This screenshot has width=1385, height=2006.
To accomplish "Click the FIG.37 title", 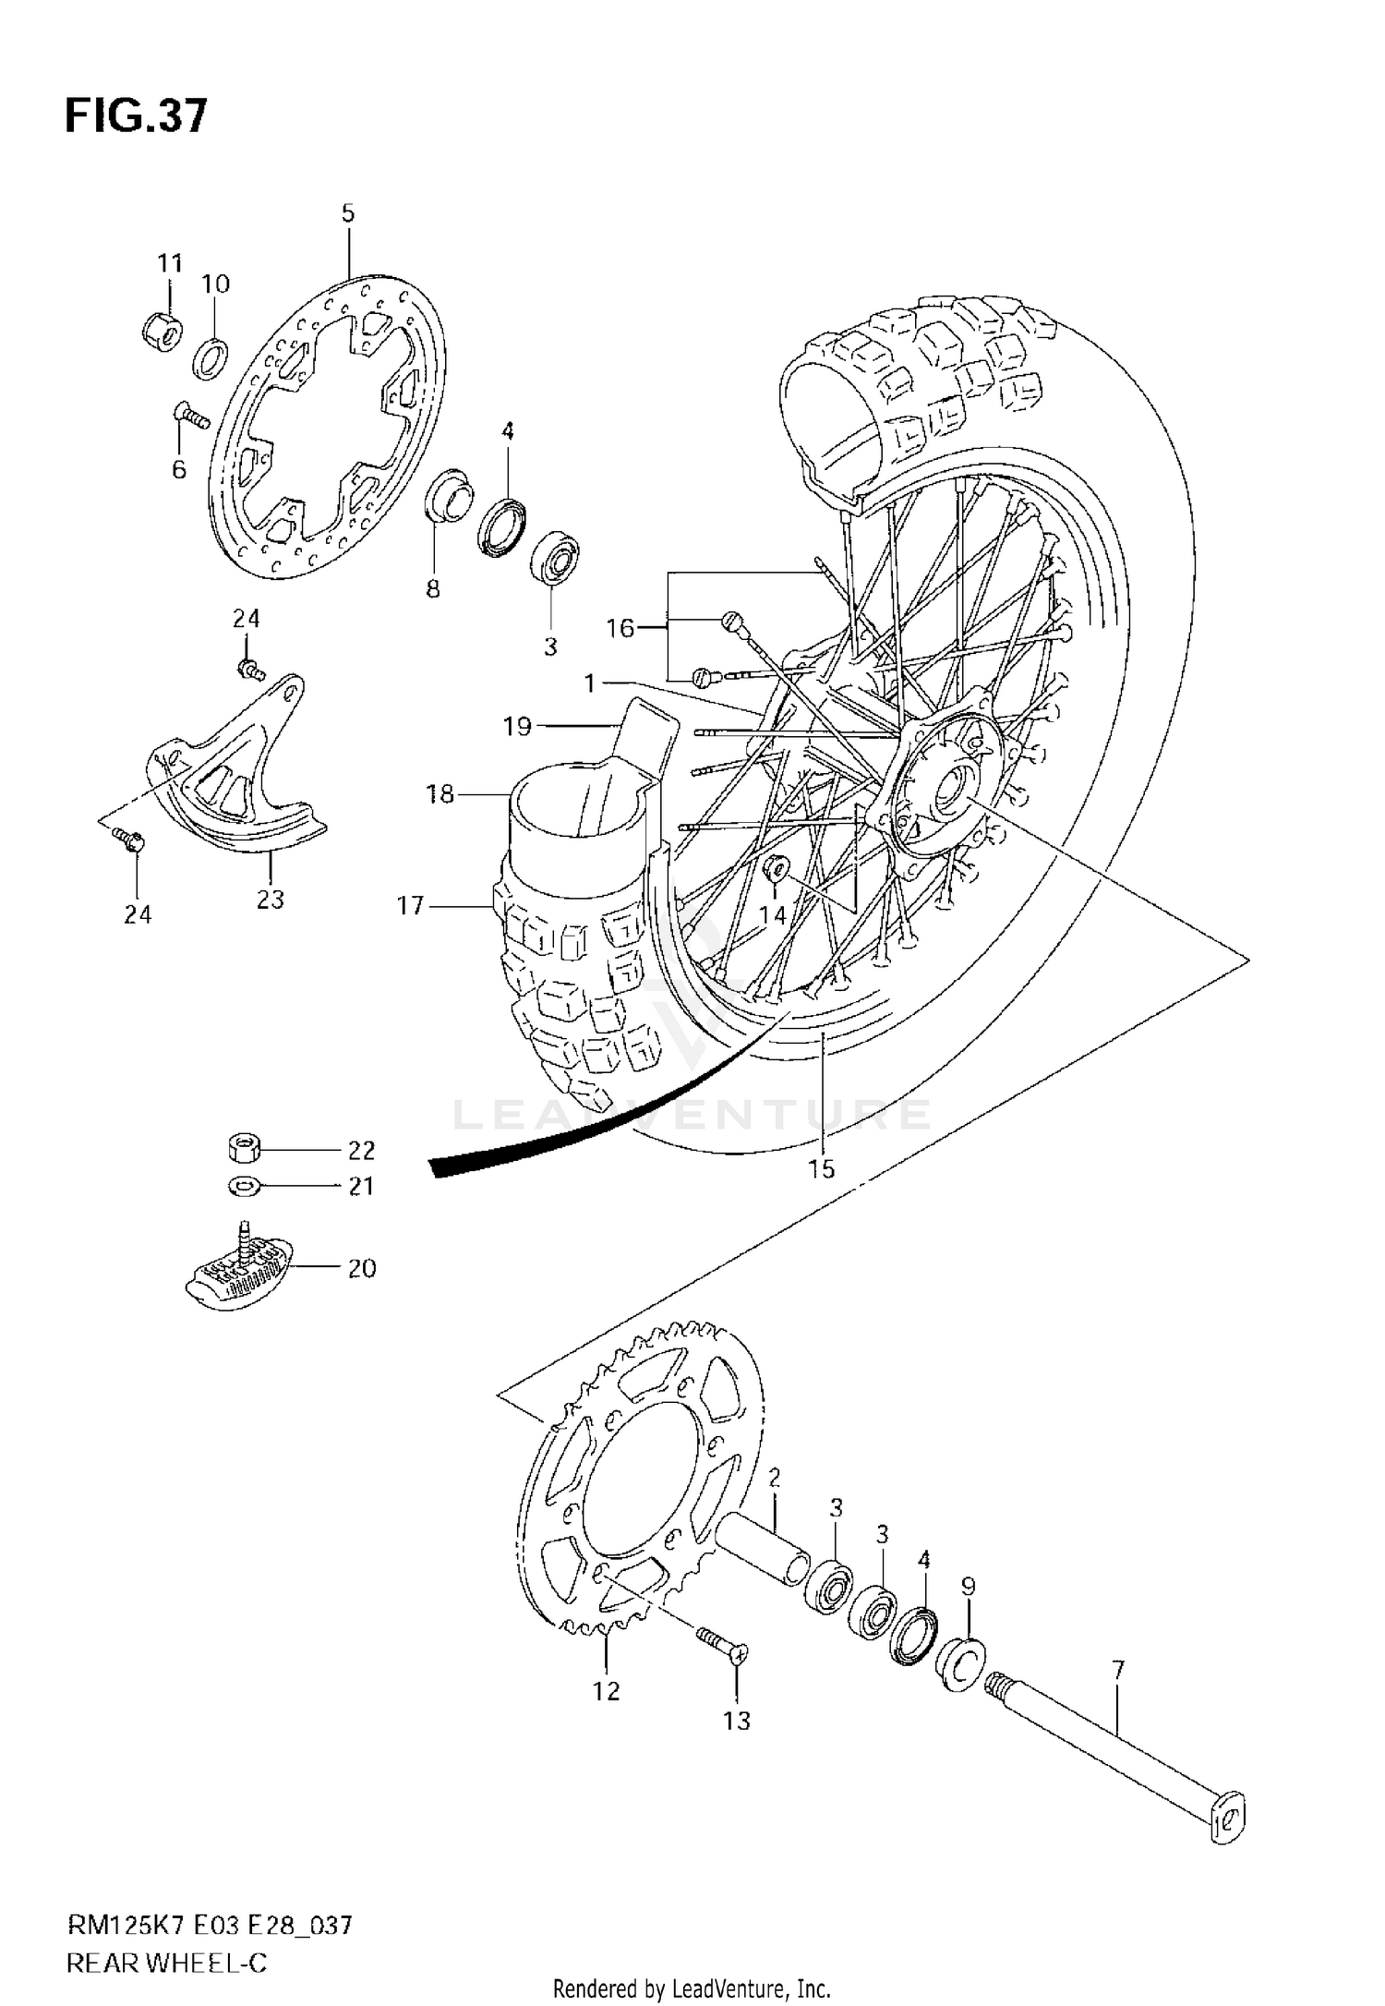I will point(136,117).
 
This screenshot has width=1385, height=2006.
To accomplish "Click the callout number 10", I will point(215,284).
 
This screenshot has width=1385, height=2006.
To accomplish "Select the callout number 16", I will point(620,628).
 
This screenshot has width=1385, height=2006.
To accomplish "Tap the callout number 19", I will point(517,727).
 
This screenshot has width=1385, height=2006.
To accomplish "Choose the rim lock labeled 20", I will point(235,1267).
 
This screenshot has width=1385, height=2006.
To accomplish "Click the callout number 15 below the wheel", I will point(820,1168).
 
